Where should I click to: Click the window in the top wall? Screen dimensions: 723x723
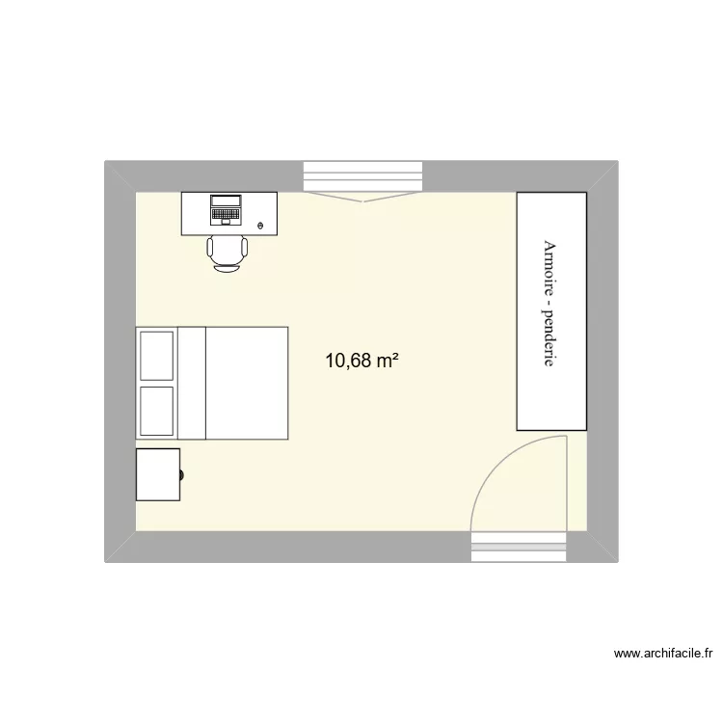click(x=362, y=177)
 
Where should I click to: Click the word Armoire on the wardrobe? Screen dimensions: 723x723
click(x=550, y=269)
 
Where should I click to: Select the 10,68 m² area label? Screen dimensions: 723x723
click(x=362, y=361)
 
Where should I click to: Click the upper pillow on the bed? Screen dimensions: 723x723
click(x=157, y=355)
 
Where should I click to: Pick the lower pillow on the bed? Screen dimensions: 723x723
click(x=157, y=411)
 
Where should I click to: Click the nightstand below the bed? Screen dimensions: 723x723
click(x=158, y=474)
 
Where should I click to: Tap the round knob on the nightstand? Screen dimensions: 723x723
click(x=182, y=474)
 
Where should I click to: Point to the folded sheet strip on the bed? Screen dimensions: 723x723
click(x=192, y=383)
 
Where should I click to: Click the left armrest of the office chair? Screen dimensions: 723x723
click(x=210, y=250)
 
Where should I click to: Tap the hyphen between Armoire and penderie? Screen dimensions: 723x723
click(x=550, y=306)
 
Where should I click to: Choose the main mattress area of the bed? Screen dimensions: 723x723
click(x=247, y=383)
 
